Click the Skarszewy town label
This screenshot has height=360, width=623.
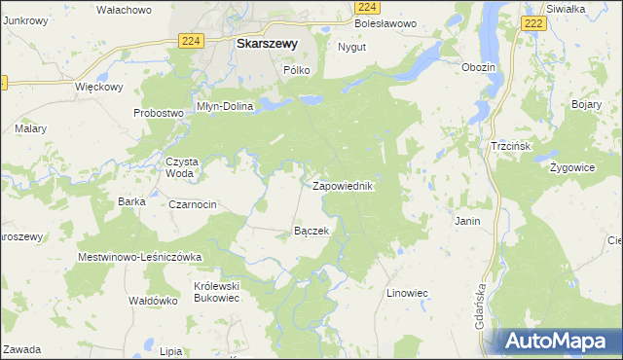pos(267,43)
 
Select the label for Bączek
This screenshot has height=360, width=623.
pos(311,232)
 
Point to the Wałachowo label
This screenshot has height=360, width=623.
pos(124,10)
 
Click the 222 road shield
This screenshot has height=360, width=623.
pos(532,22)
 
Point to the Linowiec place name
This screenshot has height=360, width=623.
pos(408,293)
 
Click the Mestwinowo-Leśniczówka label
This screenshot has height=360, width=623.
pos(139,257)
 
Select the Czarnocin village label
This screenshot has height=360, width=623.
pos(193,204)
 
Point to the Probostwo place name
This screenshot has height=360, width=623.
pos(159,113)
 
